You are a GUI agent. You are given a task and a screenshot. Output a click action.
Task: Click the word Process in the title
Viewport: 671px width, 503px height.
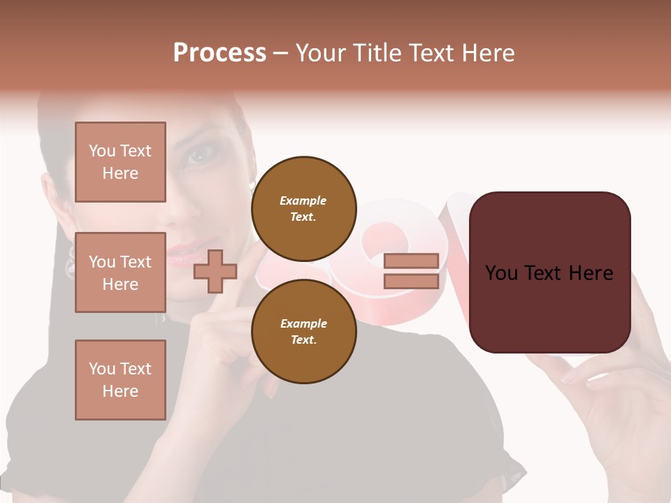pyautogui.click(x=219, y=53)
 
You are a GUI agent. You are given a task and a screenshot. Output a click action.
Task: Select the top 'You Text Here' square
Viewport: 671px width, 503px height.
pyautogui.click(x=120, y=162)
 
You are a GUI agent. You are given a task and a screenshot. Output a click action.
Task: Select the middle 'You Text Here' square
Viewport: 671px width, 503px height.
pyautogui.click(x=120, y=272)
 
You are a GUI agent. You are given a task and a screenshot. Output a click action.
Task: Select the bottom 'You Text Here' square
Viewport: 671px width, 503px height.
pyautogui.click(x=120, y=379)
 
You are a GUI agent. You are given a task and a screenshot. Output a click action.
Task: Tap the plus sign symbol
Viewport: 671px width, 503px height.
pyautogui.click(x=215, y=272)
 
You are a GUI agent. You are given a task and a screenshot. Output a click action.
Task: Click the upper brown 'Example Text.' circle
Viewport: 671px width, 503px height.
pyautogui.click(x=303, y=208)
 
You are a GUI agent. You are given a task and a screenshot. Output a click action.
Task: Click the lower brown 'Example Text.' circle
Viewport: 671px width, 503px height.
pyautogui.click(x=303, y=331)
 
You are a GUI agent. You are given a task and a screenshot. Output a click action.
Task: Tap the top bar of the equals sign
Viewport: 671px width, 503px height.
pyautogui.click(x=411, y=261)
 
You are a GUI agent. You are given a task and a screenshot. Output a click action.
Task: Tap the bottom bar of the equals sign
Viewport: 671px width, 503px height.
pyautogui.click(x=411, y=281)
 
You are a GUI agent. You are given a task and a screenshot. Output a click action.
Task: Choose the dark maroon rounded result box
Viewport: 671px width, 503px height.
pyautogui.click(x=549, y=272)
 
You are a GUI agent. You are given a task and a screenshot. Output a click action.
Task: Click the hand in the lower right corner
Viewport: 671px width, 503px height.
pyautogui.click(x=615, y=405)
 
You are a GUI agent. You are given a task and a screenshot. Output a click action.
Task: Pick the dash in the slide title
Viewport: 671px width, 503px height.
pyautogui.click(x=280, y=53)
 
